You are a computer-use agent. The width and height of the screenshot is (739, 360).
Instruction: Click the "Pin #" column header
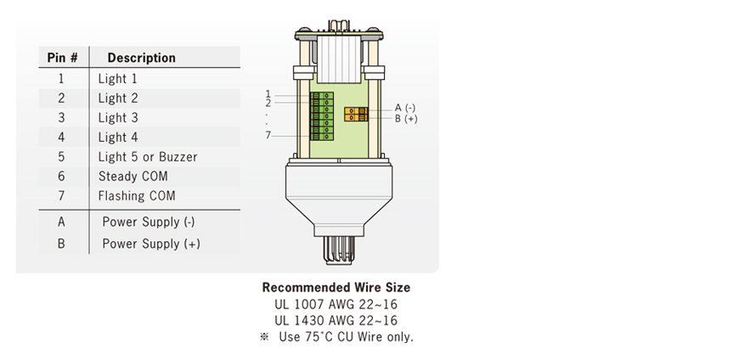[x=62, y=58]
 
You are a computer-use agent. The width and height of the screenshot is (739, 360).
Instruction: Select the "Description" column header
[x=141, y=58]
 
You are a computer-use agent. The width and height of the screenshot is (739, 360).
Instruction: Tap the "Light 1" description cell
[x=117, y=78]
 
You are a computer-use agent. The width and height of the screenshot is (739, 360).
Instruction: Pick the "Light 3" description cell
[x=117, y=117]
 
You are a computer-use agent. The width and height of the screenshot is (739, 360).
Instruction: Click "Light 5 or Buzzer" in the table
[x=147, y=156]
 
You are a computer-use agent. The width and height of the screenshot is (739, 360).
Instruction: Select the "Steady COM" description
[x=133, y=176]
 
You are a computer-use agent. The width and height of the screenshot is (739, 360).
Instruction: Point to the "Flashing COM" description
[x=136, y=195]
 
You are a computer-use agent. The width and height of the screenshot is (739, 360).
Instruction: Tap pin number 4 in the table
[x=61, y=137]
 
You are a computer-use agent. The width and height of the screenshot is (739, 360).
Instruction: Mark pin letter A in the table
[x=61, y=222]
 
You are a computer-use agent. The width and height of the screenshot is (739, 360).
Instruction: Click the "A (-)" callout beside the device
[x=405, y=108]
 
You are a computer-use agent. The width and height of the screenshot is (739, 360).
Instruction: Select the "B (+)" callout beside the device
[x=405, y=119]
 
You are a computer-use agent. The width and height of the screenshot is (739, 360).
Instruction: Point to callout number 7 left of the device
[x=268, y=135]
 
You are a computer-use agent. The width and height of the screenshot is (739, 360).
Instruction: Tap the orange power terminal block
[x=355, y=114]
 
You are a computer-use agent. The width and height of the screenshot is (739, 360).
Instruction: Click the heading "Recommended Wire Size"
[x=336, y=288]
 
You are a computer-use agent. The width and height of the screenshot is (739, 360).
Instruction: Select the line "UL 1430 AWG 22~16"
[x=336, y=320]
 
